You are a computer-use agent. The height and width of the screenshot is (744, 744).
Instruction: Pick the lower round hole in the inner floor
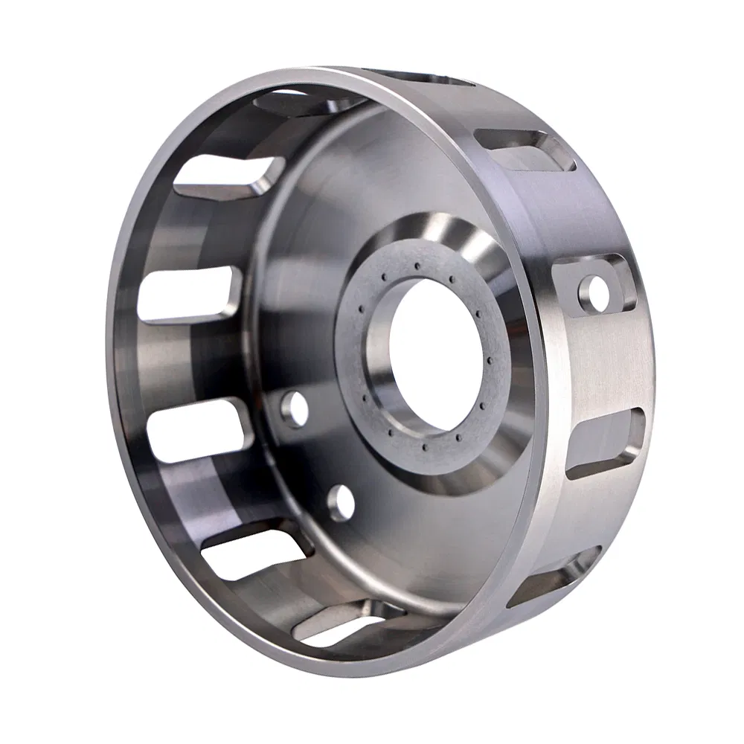tap(340, 503)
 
